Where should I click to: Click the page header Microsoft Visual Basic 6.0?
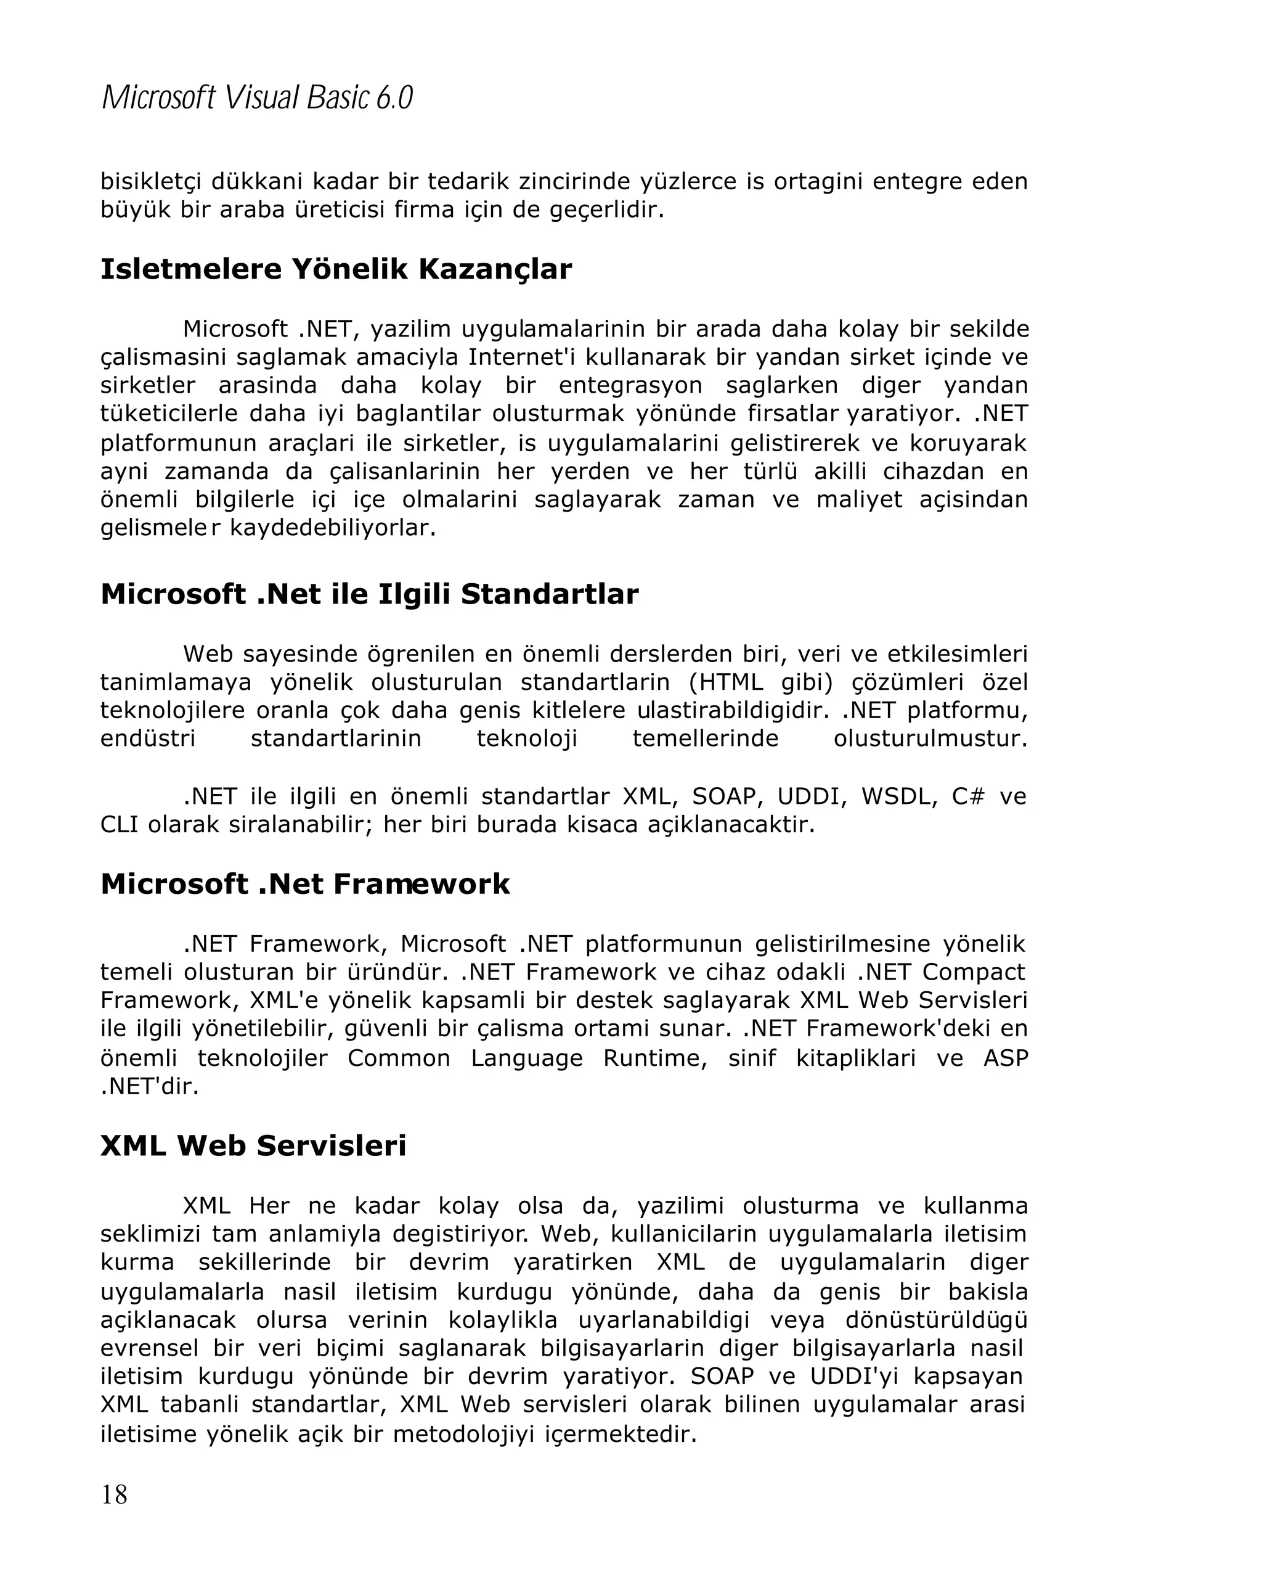click(256, 97)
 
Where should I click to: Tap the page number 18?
click(114, 1494)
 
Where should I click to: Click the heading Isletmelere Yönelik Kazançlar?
click(335, 269)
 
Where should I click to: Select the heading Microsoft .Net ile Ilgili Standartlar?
click(368, 594)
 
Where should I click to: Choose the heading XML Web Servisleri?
click(253, 1145)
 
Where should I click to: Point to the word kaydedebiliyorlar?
click(332, 528)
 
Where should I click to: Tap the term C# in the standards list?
click(967, 796)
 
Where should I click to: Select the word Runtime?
click(654, 1058)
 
